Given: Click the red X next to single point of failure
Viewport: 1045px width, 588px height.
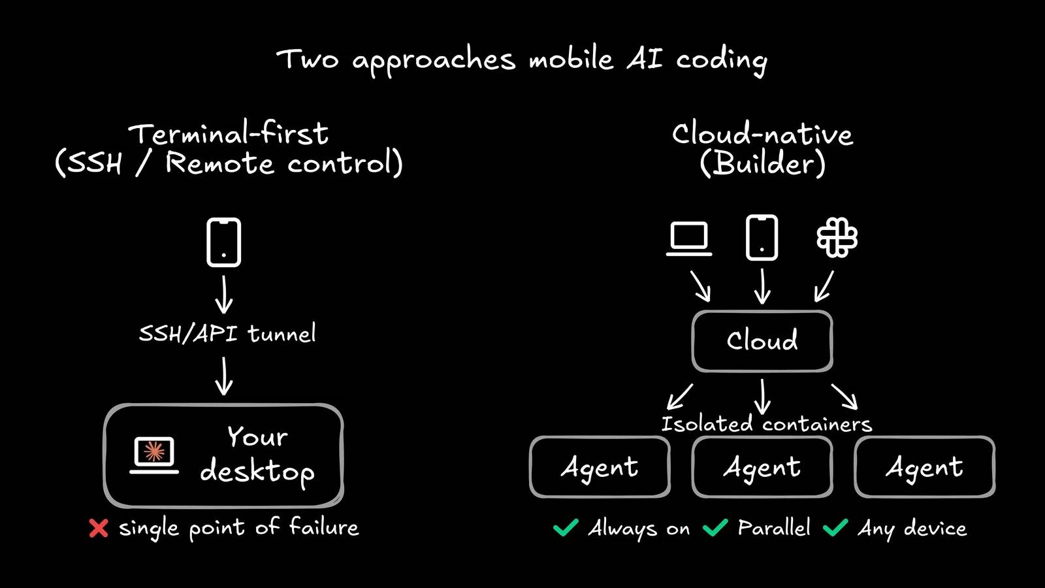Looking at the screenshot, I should [x=99, y=528].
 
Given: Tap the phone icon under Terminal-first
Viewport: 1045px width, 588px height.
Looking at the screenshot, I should [x=223, y=242].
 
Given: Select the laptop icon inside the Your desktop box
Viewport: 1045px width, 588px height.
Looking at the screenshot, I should [x=154, y=454].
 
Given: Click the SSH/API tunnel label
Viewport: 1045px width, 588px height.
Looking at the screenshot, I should [x=227, y=333].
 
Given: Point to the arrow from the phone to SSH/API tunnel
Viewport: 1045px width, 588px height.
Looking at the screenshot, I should [x=224, y=295].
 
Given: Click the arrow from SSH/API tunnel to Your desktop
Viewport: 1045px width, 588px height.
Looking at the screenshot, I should [x=224, y=376].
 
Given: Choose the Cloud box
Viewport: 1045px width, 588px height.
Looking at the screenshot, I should [x=762, y=341].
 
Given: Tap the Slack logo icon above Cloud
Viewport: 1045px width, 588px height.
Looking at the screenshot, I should [x=837, y=237].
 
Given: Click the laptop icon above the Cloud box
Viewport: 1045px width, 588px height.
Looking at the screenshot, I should [x=689, y=238].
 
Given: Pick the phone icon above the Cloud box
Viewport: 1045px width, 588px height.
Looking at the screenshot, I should [x=762, y=238].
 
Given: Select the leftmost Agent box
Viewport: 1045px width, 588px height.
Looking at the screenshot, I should [x=600, y=467].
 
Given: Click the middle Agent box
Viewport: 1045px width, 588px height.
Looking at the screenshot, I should [x=762, y=467].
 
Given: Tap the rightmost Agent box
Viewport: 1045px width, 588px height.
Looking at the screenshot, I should [x=924, y=467].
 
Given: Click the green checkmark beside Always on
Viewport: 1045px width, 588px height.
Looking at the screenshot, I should [x=566, y=527].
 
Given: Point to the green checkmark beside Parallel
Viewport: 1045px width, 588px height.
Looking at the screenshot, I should [x=715, y=527].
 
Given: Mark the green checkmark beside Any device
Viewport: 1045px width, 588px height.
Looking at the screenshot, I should [x=835, y=527].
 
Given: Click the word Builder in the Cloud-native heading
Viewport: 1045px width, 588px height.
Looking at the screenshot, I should [x=762, y=163].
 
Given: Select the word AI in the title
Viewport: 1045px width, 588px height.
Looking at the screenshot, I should [x=645, y=59].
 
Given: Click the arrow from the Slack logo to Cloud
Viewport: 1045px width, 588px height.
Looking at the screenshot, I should [x=824, y=287].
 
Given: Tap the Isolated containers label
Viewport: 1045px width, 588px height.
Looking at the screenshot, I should [x=766, y=424].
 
